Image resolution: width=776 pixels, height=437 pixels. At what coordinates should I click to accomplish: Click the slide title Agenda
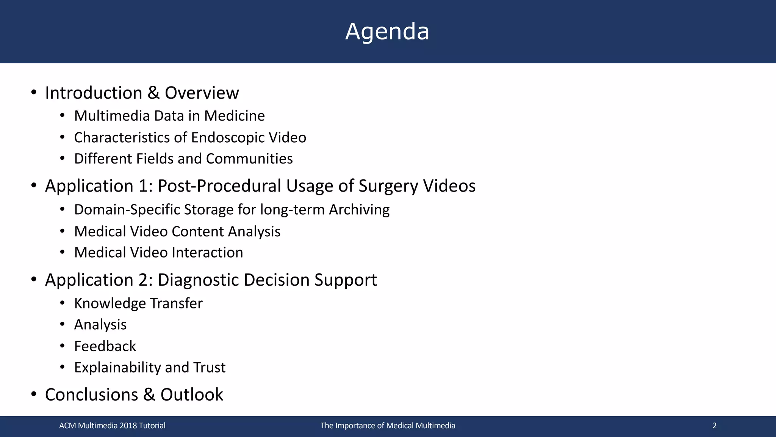(387, 31)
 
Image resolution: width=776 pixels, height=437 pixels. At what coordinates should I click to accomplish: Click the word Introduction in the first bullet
(94, 93)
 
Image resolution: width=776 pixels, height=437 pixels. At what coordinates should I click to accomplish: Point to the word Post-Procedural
(219, 186)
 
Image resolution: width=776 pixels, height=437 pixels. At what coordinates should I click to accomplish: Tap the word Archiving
(359, 210)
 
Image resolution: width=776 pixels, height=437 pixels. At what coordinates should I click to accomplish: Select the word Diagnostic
(198, 280)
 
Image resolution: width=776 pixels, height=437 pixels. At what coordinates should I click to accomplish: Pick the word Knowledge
(110, 303)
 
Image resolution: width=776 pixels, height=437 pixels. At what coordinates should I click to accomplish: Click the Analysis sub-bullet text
(100, 325)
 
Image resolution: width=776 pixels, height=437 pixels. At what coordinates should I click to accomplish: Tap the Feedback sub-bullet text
(105, 346)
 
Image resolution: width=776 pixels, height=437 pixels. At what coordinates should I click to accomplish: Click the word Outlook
(192, 395)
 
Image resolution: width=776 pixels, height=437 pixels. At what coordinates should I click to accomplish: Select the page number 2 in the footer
(714, 426)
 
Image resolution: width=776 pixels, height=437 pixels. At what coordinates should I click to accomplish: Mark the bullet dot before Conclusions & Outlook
(34, 395)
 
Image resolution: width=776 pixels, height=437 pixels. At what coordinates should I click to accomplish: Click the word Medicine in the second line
(235, 116)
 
